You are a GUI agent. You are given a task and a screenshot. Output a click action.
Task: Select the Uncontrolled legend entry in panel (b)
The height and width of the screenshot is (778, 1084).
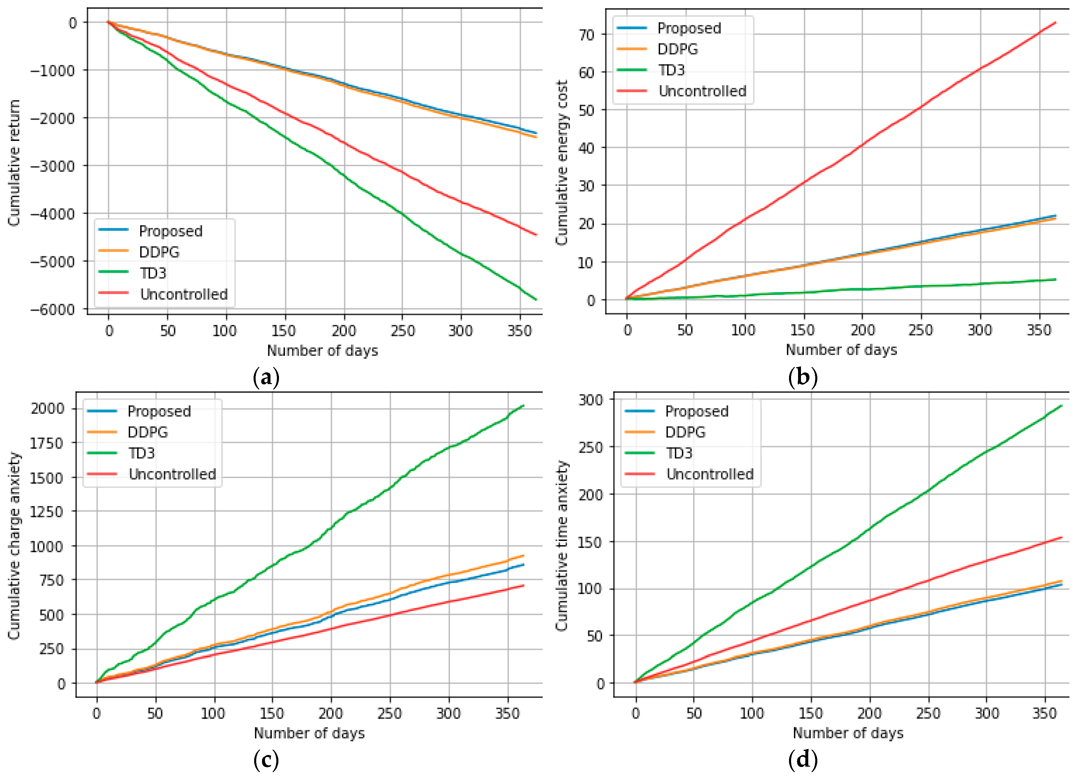(x=702, y=91)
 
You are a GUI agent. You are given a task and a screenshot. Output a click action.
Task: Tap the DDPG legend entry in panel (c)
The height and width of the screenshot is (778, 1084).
(x=147, y=432)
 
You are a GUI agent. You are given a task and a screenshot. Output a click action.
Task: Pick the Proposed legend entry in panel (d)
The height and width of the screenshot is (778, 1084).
(x=696, y=411)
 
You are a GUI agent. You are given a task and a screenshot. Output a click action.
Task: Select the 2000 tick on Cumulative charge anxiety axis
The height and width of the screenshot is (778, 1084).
(x=47, y=408)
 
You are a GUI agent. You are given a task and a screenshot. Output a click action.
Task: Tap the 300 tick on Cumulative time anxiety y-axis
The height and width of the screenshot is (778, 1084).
(x=591, y=399)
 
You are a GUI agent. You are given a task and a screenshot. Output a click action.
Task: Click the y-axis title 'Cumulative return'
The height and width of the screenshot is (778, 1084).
(x=14, y=162)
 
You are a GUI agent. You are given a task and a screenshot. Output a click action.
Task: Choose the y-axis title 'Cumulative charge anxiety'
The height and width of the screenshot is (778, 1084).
(x=14, y=546)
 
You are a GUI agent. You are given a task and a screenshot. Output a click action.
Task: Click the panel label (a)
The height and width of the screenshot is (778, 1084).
(x=266, y=378)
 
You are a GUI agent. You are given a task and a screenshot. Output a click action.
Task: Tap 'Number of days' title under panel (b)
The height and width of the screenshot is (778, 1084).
(x=841, y=350)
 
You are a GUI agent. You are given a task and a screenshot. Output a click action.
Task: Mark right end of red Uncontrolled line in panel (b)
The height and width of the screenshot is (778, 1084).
(x=1055, y=22)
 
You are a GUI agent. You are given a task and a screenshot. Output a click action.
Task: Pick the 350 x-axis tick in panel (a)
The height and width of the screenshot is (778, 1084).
(x=519, y=330)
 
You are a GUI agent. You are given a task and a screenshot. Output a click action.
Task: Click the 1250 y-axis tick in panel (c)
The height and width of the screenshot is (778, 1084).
(x=47, y=512)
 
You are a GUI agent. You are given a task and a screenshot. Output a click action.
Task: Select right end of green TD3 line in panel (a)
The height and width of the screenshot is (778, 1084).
(x=536, y=299)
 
